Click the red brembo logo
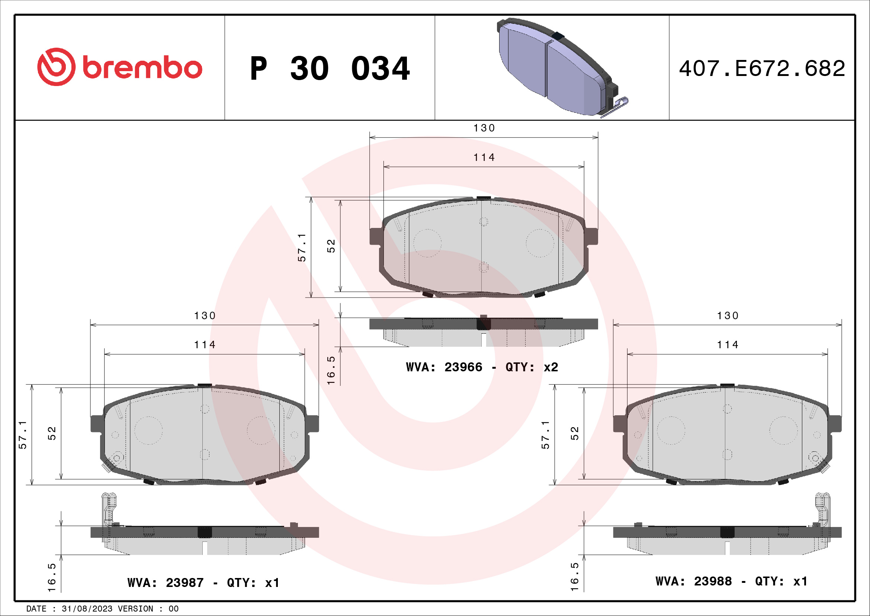pos(119,67)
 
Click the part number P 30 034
pos(329,69)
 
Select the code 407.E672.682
pos(762,69)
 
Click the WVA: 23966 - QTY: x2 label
pos(482,367)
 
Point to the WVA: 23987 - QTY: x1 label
pos(203,582)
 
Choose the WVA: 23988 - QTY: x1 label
pos(731,581)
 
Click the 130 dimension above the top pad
pos(484,128)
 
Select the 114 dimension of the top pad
pos(484,157)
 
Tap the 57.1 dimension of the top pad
pos(302,247)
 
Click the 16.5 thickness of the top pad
pos(331,370)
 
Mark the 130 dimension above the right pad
pos(728,315)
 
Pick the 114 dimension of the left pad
pos(205,344)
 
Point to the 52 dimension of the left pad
pos(52,433)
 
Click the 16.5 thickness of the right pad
pos(574,577)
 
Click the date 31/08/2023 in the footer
pos(87,609)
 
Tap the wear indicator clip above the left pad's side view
pos(109,508)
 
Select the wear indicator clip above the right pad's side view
pos(822,508)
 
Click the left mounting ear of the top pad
pos(375,236)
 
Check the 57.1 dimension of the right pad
pos(545,435)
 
